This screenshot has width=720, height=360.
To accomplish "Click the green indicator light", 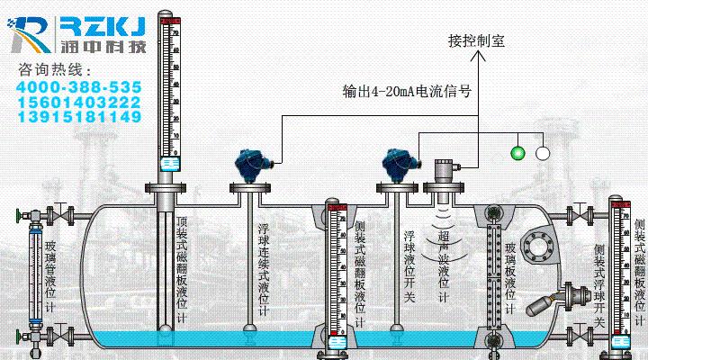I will pyautogui.click(x=517, y=152).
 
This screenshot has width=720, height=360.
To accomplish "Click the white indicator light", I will pyautogui.click(x=543, y=152).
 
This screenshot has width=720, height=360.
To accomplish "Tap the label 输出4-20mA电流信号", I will pyautogui.click(x=408, y=90).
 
